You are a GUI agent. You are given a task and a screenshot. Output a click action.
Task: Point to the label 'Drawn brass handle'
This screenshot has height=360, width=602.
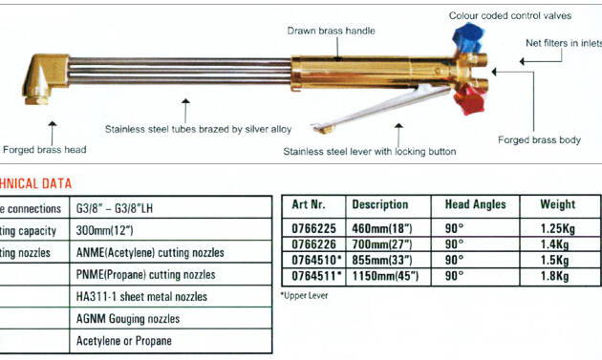(x=332, y=31)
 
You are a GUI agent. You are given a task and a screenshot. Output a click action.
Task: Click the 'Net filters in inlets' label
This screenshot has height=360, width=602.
(x=564, y=43)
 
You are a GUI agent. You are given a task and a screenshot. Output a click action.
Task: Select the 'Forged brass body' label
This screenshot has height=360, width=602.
(x=539, y=140)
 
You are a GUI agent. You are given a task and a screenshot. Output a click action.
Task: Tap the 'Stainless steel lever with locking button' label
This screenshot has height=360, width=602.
(x=369, y=151)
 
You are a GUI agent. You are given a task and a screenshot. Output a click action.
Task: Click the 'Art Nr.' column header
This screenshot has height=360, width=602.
(x=306, y=204)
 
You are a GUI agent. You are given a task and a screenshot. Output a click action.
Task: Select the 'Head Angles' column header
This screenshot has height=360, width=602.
(x=475, y=204)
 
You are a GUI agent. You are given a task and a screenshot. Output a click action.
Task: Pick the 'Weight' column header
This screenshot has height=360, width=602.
(x=557, y=204)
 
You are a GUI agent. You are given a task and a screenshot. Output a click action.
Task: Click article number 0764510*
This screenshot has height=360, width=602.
(x=308, y=259)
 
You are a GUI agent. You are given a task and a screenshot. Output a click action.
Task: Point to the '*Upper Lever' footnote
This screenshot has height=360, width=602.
(x=304, y=296)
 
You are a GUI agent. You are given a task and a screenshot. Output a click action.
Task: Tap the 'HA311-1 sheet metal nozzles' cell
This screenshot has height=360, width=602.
(x=141, y=297)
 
